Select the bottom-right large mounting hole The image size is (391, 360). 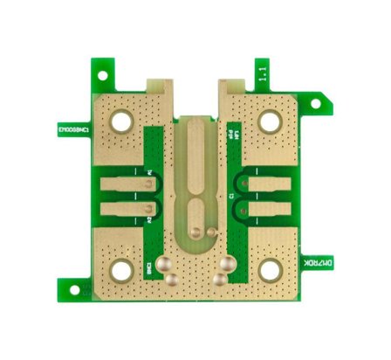point(270,271)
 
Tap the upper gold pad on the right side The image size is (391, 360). point(262,183)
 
